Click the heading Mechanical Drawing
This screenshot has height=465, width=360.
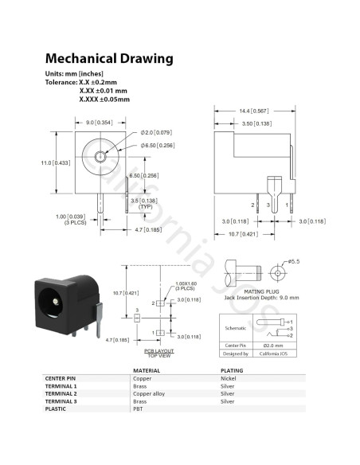point(108,59)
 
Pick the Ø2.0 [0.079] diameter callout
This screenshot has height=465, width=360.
point(157,132)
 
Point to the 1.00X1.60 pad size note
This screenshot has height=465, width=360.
point(187,284)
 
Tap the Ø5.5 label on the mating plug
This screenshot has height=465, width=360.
point(292,260)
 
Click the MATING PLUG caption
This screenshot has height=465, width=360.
point(250,291)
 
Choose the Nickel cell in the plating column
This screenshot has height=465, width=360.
point(228,379)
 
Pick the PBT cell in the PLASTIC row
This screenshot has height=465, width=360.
point(138,408)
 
